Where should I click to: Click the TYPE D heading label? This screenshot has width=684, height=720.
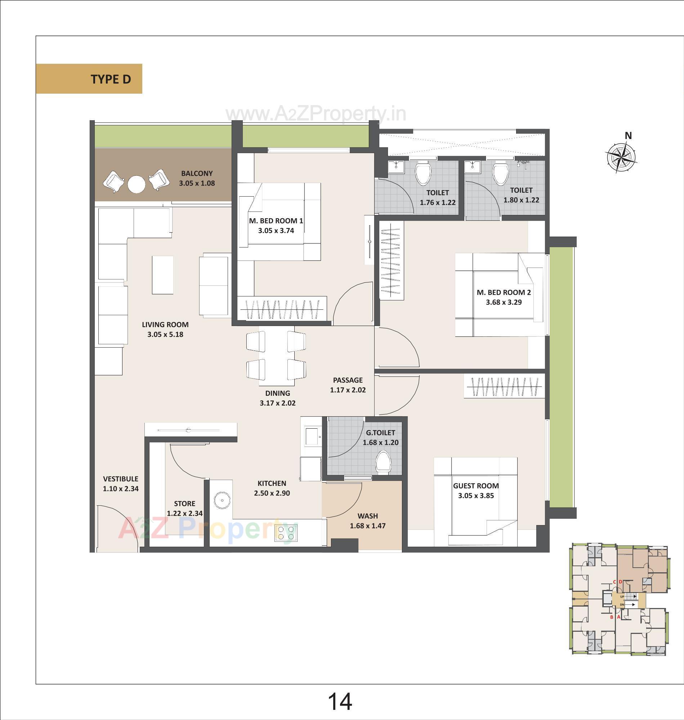click(x=111, y=79)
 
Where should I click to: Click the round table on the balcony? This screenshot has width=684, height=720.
click(x=137, y=184)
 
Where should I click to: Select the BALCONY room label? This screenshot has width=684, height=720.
click(x=197, y=174)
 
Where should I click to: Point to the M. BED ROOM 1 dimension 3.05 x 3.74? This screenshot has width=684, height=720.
click(x=276, y=231)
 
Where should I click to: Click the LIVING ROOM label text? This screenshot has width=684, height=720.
click(x=165, y=325)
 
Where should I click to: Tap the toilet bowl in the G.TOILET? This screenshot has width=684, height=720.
click(x=383, y=462)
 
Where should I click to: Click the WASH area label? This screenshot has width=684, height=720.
click(x=367, y=516)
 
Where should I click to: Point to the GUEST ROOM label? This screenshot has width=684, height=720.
click(x=476, y=486)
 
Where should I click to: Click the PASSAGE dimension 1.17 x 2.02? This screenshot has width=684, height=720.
click(x=348, y=390)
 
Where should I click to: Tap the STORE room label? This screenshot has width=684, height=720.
click(x=184, y=504)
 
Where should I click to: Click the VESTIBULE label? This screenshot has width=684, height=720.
click(x=120, y=479)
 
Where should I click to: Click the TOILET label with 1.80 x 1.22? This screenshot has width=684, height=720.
click(x=521, y=190)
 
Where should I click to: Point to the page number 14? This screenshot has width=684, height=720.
click(x=340, y=701)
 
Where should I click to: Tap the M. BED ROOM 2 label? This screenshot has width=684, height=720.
click(x=504, y=292)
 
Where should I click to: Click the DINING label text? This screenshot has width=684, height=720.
click(x=277, y=393)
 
